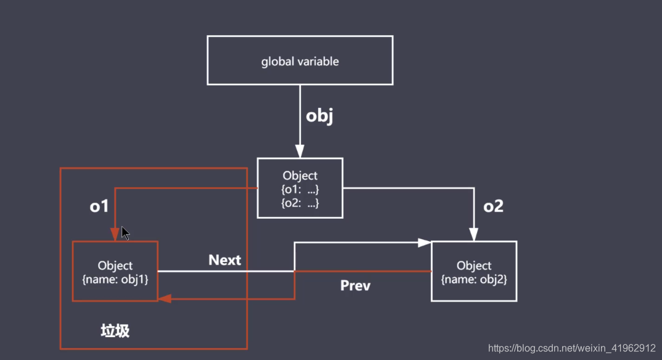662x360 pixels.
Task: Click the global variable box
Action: click(x=300, y=60)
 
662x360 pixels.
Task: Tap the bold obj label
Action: click(x=319, y=116)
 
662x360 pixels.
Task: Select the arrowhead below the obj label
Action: click(x=300, y=151)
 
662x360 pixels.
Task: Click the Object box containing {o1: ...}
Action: click(x=300, y=188)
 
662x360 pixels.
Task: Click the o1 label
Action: click(x=99, y=207)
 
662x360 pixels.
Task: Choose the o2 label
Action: click(x=493, y=207)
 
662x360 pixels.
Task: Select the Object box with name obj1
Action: click(x=115, y=271)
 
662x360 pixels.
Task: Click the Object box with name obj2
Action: click(x=474, y=271)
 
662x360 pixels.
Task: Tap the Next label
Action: click(x=224, y=260)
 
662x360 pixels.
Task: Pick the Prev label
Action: click(x=355, y=286)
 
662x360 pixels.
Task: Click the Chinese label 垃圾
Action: click(x=115, y=331)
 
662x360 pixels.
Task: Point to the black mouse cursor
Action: click(x=125, y=233)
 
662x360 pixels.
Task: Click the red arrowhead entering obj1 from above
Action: click(x=115, y=234)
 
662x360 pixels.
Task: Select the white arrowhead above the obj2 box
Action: click(x=474, y=234)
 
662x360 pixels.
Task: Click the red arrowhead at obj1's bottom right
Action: click(x=165, y=298)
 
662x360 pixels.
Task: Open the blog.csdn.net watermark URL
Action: click(x=572, y=348)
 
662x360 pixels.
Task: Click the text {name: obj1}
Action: click(x=115, y=278)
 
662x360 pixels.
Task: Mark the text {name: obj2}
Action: click(x=474, y=278)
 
